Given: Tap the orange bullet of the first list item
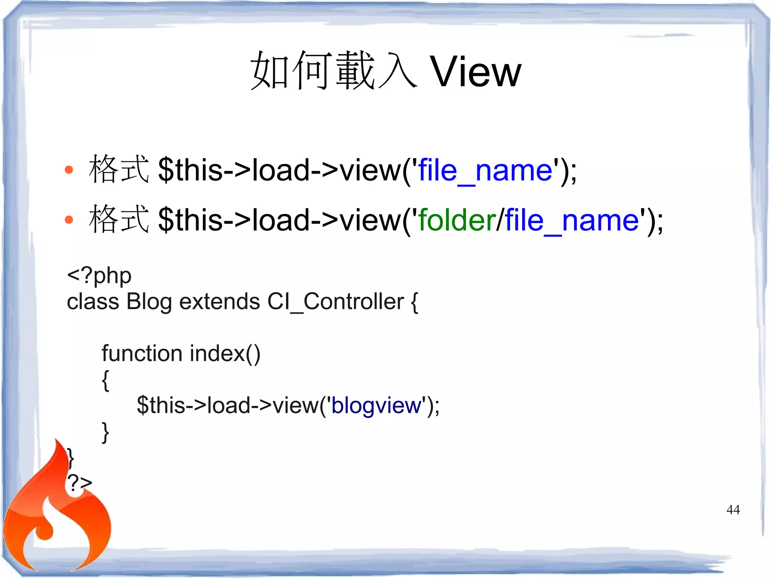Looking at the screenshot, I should (x=69, y=170).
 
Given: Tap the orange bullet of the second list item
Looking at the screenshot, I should (x=69, y=220).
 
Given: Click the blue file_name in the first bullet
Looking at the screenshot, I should (x=485, y=171).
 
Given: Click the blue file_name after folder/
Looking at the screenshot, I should (x=572, y=221).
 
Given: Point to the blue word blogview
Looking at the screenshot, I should (x=376, y=406).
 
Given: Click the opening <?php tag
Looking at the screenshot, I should (x=99, y=276).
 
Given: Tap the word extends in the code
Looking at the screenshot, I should (x=219, y=302).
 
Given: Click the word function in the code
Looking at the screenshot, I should (x=142, y=354).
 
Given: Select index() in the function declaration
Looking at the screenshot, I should (x=225, y=354).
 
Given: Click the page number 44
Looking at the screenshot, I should (x=733, y=509).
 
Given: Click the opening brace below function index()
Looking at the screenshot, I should (x=105, y=380).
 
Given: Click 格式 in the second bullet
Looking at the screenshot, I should (x=119, y=220).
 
